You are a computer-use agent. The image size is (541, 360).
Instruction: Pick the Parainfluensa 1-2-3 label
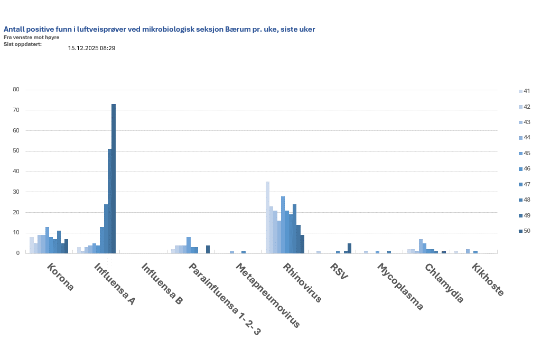[x=224, y=299]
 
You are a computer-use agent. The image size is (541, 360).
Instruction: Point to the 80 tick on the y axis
[x=16, y=90]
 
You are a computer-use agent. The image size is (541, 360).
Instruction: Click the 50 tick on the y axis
[x=16, y=151]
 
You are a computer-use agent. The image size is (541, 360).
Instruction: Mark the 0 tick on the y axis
[x=17, y=253]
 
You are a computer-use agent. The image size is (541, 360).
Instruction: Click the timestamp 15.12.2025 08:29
[x=91, y=48]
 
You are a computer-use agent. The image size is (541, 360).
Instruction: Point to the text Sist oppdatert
[x=22, y=43]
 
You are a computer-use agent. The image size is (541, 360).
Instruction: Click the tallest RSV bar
[x=349, y=248]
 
